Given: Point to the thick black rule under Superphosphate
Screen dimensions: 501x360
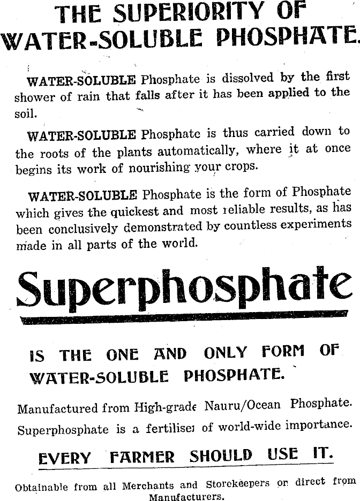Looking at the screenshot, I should click(x=182, y=320).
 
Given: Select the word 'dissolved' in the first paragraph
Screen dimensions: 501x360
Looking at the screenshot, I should click(x=247, y=79).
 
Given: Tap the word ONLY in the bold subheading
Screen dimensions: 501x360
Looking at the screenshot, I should click(x=226, y=353).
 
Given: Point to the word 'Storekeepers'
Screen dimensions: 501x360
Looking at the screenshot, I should click(x=237, y=484).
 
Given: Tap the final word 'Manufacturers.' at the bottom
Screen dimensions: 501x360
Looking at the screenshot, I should click(x=186, y=496).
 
